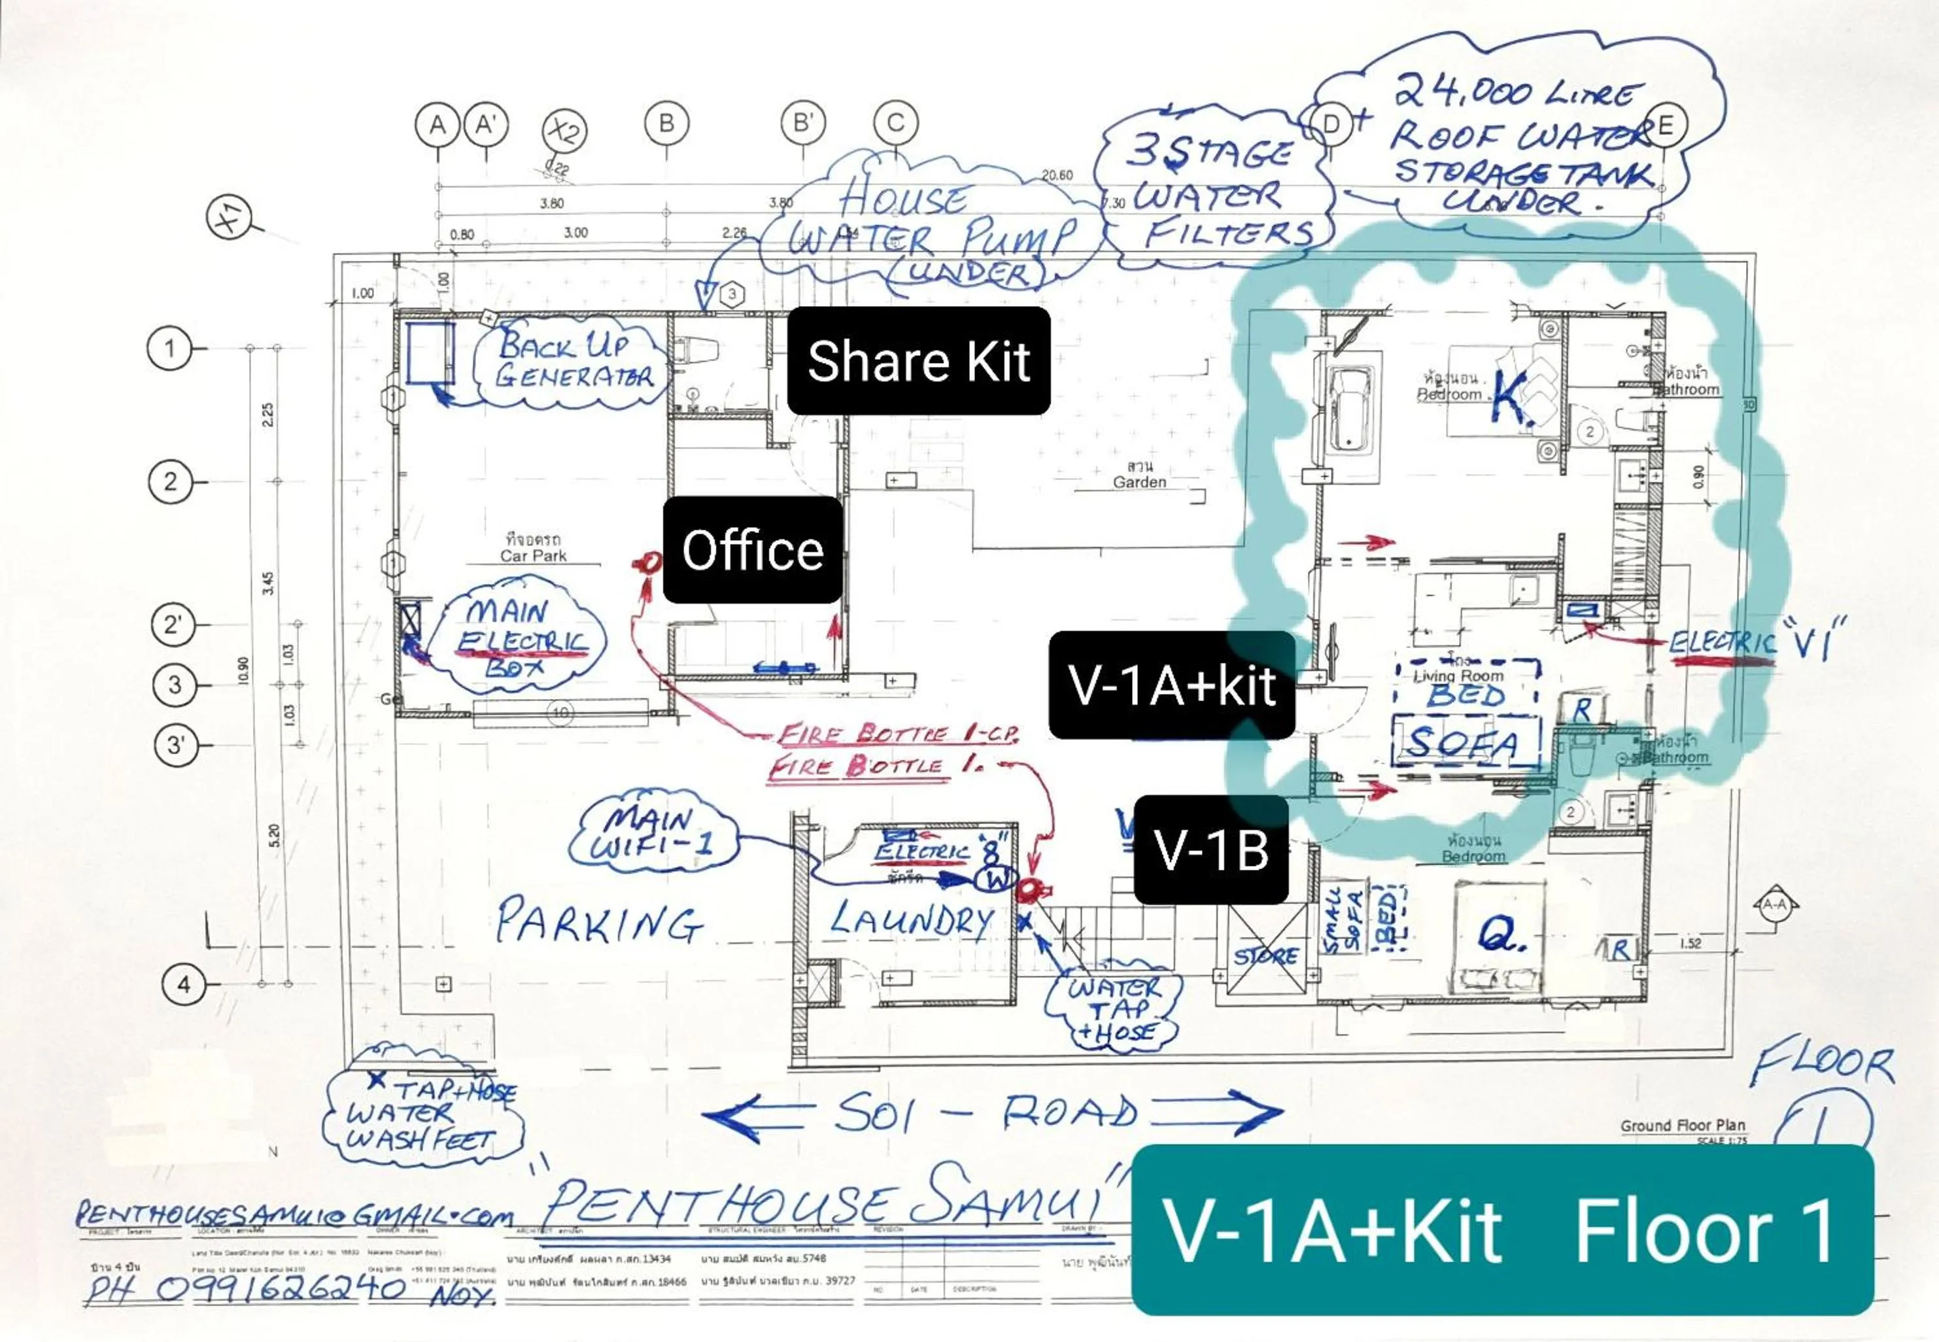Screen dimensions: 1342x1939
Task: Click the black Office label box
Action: coord(753,550)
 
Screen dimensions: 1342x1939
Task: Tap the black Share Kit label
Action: coord(918,361)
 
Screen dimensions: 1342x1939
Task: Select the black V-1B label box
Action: coord(1211,850)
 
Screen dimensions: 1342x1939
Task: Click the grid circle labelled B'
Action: coord(803,123)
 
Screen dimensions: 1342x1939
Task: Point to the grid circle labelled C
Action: coord(895,123)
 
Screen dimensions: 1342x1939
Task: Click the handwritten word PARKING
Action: coord(598,922)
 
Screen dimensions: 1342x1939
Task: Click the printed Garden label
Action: coord(1139,482)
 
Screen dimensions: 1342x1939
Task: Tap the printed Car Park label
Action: coord(533,555)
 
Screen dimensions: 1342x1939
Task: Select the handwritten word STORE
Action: coord(1265,956)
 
